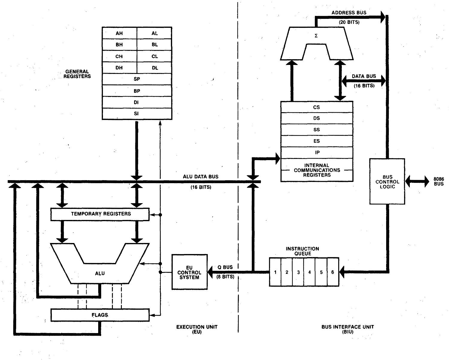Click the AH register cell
119,33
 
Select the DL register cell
154,68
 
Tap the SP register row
137,79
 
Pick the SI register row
137,114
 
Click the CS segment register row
317,107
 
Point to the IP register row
317,152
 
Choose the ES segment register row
317,141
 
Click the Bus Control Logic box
387,181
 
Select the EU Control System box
189,272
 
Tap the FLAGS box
100,315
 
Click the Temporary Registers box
100,214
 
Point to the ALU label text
100,273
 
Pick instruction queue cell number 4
310,272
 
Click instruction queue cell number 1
275,272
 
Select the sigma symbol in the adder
316,36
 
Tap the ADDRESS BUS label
349,13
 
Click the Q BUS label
225,267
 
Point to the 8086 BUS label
439,181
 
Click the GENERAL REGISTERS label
77,74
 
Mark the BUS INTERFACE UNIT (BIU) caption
348,329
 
